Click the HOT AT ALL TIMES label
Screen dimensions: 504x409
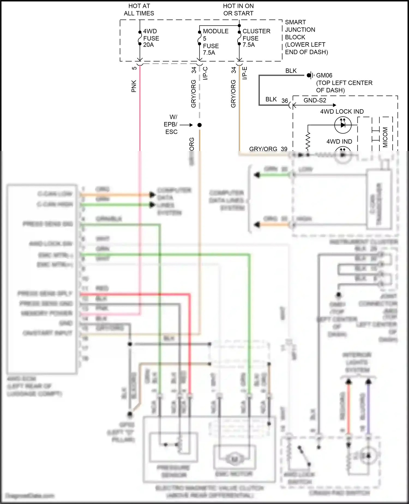(x=139, y=10)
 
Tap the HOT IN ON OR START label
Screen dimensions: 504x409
(x=238, y=10)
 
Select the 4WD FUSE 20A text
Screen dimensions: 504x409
(x=151, y=38)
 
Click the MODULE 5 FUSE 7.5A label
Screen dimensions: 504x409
(x=215, y=42)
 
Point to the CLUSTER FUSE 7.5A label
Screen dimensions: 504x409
(x=256, y=38)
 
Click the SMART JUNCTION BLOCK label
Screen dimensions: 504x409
(x=306, y=37)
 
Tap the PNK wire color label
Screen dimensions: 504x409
(x=134, y=86)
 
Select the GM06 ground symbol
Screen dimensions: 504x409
(x=309, y=75)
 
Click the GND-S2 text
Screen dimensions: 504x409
(x=315, y=100)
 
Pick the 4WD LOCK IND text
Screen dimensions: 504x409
(x=342, y=112)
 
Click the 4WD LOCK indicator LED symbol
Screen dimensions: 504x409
(x=343, y=125)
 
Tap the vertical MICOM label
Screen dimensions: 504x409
(x=385, y=137)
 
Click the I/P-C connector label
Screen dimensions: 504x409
(x=206, y=73)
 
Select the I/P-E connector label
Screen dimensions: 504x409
(x=245, y=73)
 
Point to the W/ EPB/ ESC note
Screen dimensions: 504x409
(x=171, y=124)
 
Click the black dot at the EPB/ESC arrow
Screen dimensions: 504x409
(x=200, y=125)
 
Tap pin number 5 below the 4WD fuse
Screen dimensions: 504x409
(x=134, y=68)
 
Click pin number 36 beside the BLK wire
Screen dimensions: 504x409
(x=285, y=101)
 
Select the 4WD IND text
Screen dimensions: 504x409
(x=339, y=141)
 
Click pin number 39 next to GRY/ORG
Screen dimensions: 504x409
(x=284, y=149)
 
